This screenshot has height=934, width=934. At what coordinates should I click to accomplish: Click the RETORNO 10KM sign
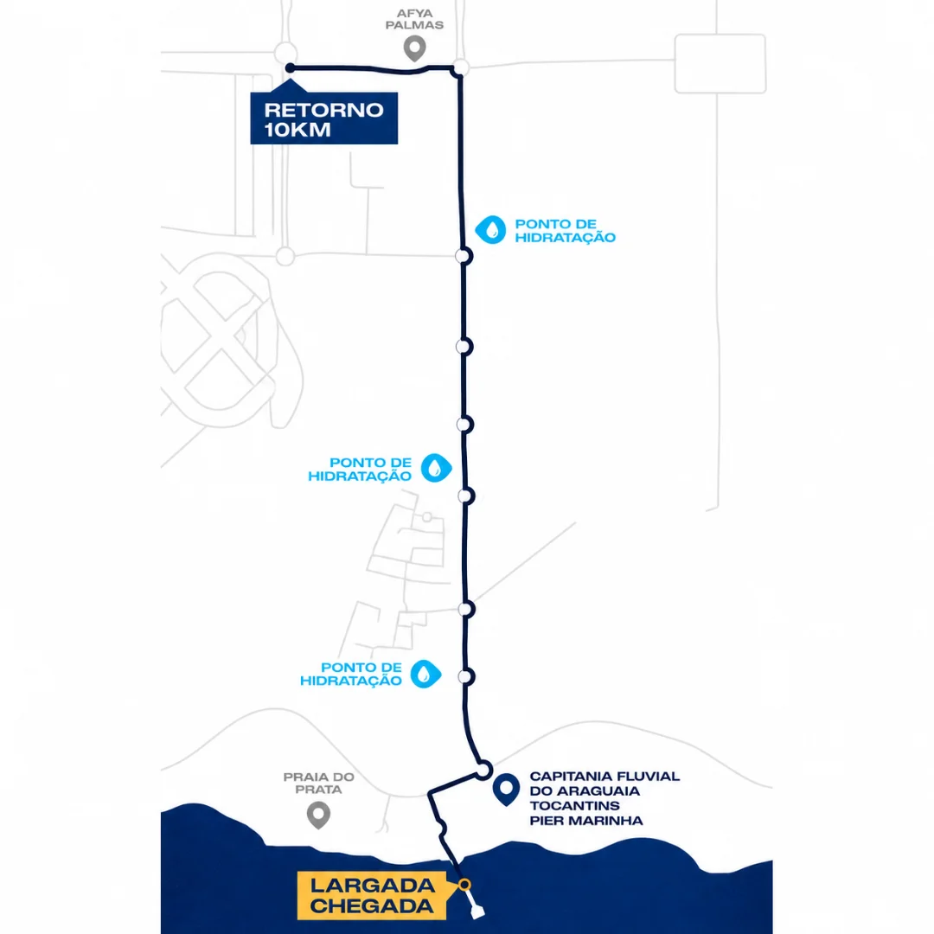pyautogui.click(x=323, y=118)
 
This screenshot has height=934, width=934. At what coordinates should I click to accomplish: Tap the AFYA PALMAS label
pyautogui.click(x=414, y=19)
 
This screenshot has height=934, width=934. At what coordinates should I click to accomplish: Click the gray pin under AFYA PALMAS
pyautogui.click(x=414, y=48)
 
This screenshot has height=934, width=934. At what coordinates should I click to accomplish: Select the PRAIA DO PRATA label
pyautogui.click(x=318, y=784)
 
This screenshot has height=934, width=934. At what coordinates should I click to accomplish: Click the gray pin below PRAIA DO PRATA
pyautogui.click(x=318, y=815)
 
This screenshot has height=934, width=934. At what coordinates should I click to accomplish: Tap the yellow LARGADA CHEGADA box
pyautogui.click(x=372, y=895)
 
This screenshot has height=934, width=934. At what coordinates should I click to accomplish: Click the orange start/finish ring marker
pyautogui.click(x=464, y=885)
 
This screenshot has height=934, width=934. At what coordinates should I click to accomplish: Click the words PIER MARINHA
pyautogui.click(x=586, y=821)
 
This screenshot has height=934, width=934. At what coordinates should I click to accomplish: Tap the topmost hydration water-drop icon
pyautogui.click(x=490, y=230)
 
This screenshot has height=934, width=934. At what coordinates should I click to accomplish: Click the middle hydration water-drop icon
pyautogui.click(x=437, y=468)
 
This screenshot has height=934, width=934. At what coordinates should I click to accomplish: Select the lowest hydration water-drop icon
pyautogui.click(x=425, y=674)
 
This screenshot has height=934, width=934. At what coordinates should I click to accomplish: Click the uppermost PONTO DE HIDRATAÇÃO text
pyautogui.click(x=566, y=231)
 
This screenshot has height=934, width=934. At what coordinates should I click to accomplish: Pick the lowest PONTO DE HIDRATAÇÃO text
pyautogui.click(x=351, y=674)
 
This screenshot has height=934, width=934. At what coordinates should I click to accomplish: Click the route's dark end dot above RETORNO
pyautogui.click(x=290, y=68)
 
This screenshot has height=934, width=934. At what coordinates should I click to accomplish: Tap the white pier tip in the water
pyautogui.click(x=477, y=912)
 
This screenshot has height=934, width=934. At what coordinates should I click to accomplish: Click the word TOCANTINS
pyautogui.click(x=575, y=806)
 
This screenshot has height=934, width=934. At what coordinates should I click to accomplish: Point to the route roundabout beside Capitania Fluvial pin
pyautogui.click(x=483, y=770)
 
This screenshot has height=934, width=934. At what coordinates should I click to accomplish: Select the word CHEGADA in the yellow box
pyautogui.click(x=372, y=906)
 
